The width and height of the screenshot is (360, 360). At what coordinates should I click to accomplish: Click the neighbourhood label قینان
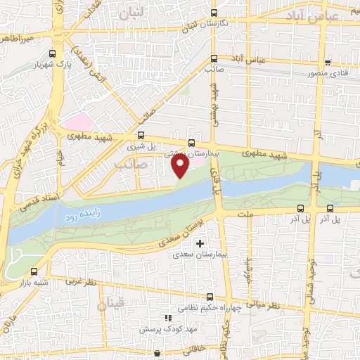[x=110, y=304]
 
